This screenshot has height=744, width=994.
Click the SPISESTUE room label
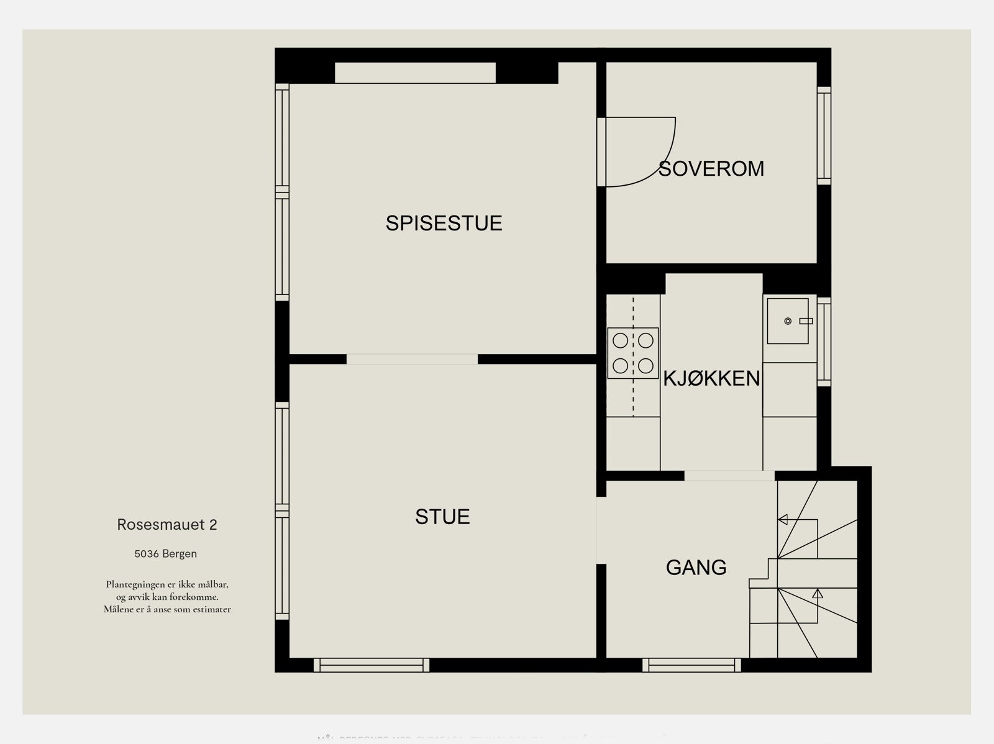[444, 223]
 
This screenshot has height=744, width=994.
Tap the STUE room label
[442, 517]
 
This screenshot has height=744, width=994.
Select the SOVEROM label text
[711, 169]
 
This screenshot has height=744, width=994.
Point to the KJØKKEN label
[711, 378]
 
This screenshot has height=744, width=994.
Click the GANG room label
[696, 567]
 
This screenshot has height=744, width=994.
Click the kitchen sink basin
[788, 321]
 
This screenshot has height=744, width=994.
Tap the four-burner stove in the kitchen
[632, 353]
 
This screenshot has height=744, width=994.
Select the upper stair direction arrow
[783, 519]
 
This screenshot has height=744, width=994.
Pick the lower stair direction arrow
[818, 594]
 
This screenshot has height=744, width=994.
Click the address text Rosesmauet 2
[167, 525]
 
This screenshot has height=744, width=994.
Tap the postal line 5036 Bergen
[165, 554]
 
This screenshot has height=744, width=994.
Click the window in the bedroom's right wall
[824, 135]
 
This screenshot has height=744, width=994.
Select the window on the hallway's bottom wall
[691, 665]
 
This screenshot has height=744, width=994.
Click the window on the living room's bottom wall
[372, 665]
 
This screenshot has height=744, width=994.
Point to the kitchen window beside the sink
[824, 342]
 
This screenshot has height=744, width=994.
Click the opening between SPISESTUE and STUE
[412, 359]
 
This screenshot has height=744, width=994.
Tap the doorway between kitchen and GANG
[729, 476]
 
